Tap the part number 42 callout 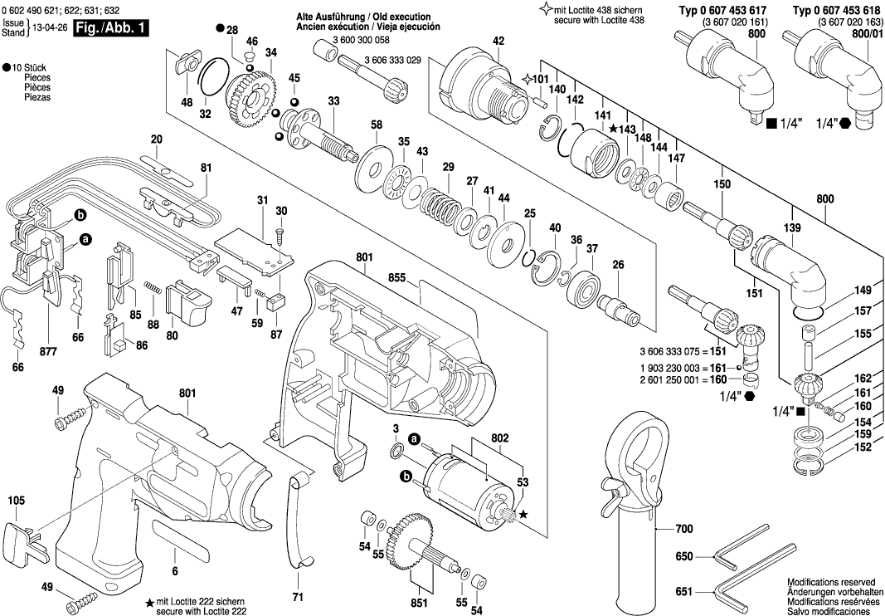[498, 41]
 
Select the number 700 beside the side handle [683, 529]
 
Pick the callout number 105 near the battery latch [17, 501]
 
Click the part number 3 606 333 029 [392, 61]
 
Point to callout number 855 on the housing [397, 279]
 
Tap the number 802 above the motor [499, 438]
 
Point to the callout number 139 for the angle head [794, 227]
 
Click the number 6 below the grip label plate [174, 571]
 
